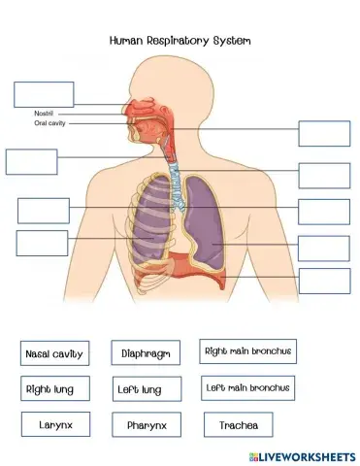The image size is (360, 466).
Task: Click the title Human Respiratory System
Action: point(180,41)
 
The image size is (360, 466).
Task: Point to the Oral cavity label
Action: point(49,123)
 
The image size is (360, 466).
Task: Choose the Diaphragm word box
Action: point(146,354)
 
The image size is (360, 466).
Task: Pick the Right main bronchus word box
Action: point(247,350)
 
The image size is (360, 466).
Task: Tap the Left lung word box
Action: point(144,389)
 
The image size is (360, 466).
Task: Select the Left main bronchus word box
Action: point(247,387)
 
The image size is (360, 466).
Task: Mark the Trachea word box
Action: point(238,424)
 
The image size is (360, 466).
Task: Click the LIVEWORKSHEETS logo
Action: point(301,455)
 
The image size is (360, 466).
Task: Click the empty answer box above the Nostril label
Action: point(44,94)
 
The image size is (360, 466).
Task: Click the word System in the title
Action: point(231,41)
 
